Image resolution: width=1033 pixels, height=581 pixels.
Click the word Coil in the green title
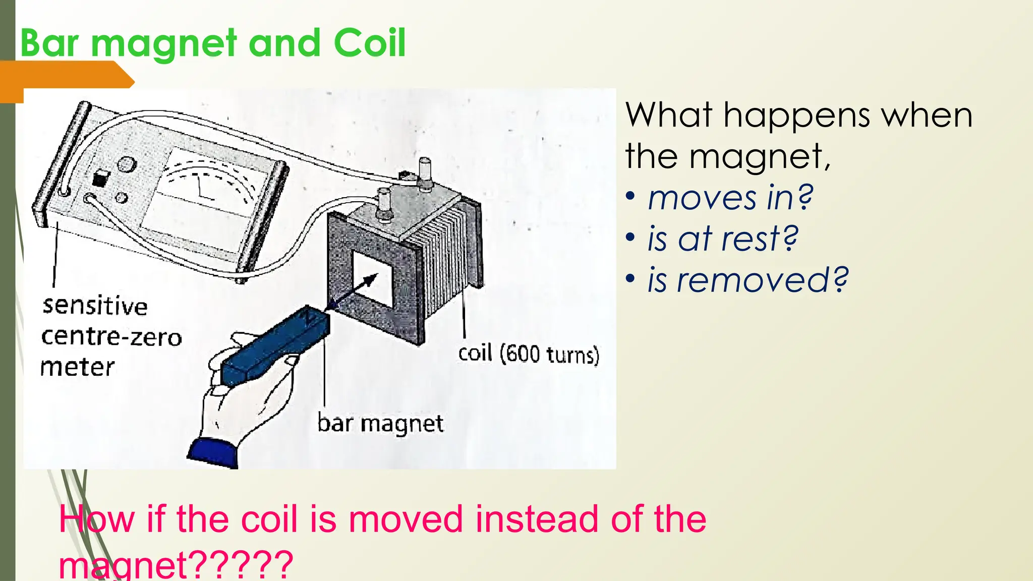pyautogui.click(x=369, y=43)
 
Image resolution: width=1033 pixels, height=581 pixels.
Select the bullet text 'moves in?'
pyautogui.click(x=730, y=198)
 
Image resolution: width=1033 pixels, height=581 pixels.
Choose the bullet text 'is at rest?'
pyautogui.click(x=723, y=239)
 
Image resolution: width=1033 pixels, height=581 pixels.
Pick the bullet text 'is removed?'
pyautogui.click(x=748, y=280)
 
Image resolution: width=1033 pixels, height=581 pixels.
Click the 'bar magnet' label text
pyautogui.click(x=380, y=423)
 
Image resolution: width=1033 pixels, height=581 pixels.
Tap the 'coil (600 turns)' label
pyautogui.click(x=528, y=354)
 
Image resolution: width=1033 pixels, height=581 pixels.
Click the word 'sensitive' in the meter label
pyautogui.click(x=95, y=306)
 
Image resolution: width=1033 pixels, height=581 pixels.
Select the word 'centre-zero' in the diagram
pyautogui.click(x=111, y=337)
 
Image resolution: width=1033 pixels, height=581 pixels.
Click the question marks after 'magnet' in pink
pyautogui.click(x=242, y=565)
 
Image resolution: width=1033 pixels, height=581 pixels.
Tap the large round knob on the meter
pyautogui.click(x=127, y=164)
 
